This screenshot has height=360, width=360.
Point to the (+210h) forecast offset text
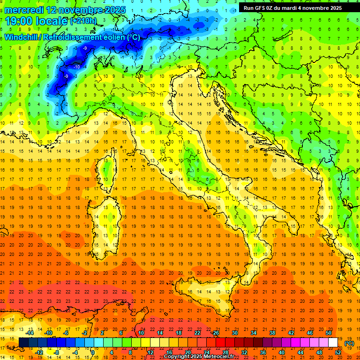[x=83, y=21]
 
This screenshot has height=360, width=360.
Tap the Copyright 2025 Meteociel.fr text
[x=199, y=357]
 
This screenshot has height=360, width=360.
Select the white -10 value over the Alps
[x=77, y=67]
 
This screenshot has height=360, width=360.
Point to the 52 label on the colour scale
[x=338, y=352]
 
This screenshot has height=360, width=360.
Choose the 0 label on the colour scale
[x=93, y=352]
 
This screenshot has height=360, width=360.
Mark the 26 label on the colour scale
[x=216, y=332]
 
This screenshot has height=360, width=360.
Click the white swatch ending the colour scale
[x=333, y=343]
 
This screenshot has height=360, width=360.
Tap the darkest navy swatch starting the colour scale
[x=23, y=343]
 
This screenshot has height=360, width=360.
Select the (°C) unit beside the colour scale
[x=350, y=343]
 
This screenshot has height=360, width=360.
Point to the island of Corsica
[x=107, y=166]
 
